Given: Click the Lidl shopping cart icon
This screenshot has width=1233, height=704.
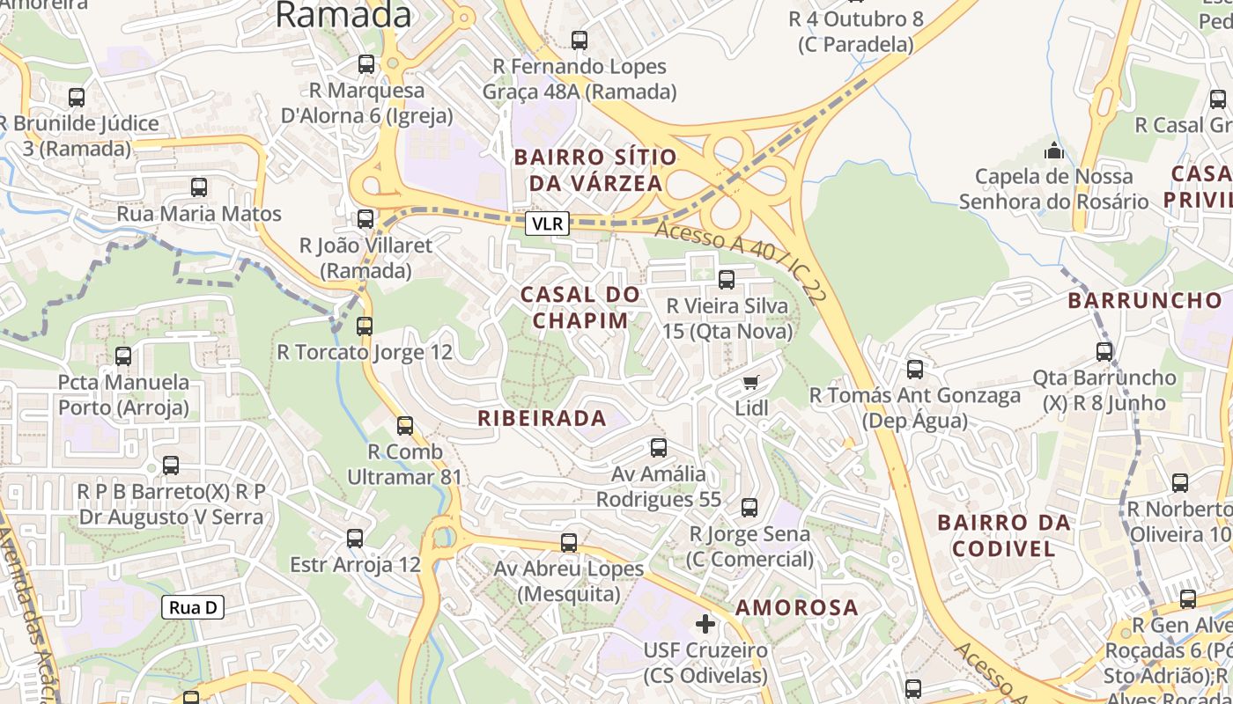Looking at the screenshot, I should click(750, 382).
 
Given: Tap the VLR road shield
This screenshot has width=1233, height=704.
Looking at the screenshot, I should click(548, 224).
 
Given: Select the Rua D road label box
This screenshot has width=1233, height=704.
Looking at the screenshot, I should click(193, 607).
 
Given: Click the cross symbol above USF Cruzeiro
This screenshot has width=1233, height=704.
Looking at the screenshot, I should click(705, 624).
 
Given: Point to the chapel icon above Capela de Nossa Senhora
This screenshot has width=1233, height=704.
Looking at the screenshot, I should click(1054, 151).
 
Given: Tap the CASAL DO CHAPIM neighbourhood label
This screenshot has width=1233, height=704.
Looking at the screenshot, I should click(580, 307).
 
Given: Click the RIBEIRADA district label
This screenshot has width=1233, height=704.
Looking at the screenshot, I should click(542, 419).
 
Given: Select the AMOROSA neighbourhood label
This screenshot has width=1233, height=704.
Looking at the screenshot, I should click(796, 607).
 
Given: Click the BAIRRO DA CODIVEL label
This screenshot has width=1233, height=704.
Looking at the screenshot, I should click(1004, 535).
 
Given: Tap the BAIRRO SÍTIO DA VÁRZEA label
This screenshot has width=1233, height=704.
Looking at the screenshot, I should click(596, 170).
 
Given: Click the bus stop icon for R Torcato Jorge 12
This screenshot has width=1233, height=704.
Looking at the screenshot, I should click(365, 326).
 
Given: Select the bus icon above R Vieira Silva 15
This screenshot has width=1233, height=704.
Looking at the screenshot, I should click(727, 280).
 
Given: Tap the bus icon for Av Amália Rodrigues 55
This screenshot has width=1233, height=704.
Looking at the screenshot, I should click(659, 448).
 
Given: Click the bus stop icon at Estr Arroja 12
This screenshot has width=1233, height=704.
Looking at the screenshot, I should click(355, 539).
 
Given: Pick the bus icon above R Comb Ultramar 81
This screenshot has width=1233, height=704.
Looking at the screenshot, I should click(405, 426).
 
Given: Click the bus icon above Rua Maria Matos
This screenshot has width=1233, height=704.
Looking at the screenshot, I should click(199, 187).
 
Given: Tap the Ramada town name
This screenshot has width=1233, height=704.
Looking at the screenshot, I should click(343, 15).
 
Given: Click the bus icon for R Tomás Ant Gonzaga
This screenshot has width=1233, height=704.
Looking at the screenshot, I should click(915, 370).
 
